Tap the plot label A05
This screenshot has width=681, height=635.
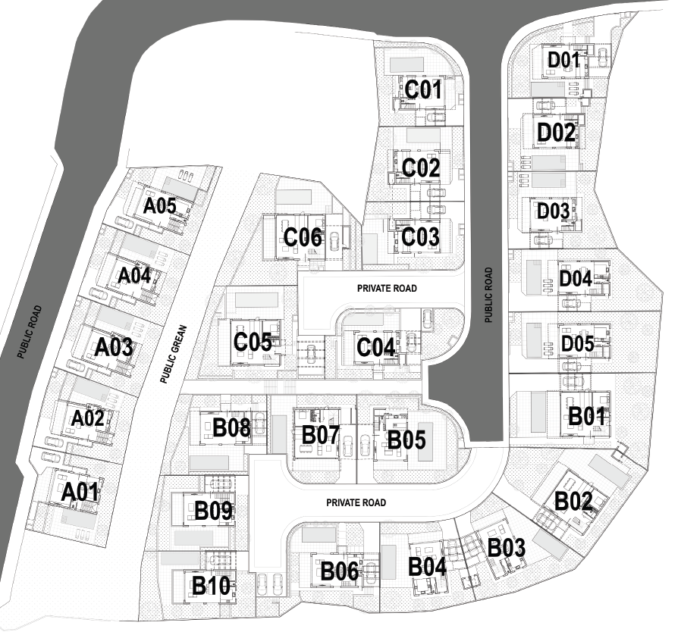click(x=160, y=205)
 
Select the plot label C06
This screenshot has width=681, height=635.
click(x=303, y=238)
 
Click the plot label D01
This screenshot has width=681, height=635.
click(x=564, y=61)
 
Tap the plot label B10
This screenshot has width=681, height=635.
click(x=211, y=586)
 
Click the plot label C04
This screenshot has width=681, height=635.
click(x=375, y=348)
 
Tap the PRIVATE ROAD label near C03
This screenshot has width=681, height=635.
click(x=387, y=289)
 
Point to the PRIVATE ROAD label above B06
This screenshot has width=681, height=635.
click(x=356, y=502)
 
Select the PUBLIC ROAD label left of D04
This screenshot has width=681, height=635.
click(x=488, y=292)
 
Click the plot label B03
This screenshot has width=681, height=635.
click(x=506, y=546)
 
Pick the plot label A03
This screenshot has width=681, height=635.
click(x=115, y=347)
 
